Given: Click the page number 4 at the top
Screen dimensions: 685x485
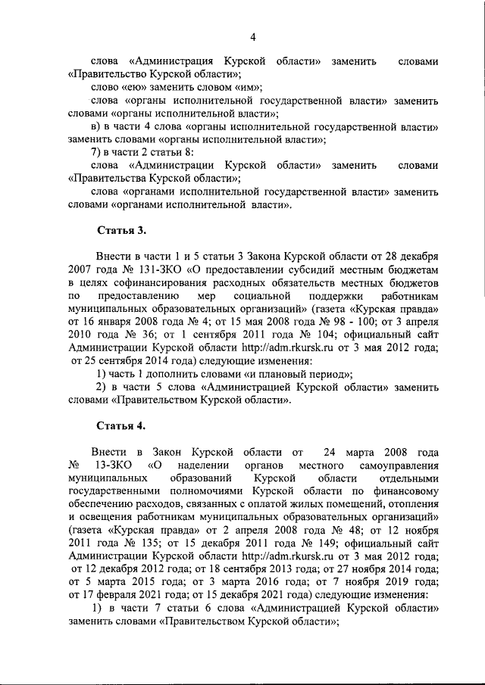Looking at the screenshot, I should [x=254, y=35].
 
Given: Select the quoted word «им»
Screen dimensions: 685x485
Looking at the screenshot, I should [x=247, y=88].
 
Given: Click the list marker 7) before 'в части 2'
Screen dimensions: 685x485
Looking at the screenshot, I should [x=96, y=152].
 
